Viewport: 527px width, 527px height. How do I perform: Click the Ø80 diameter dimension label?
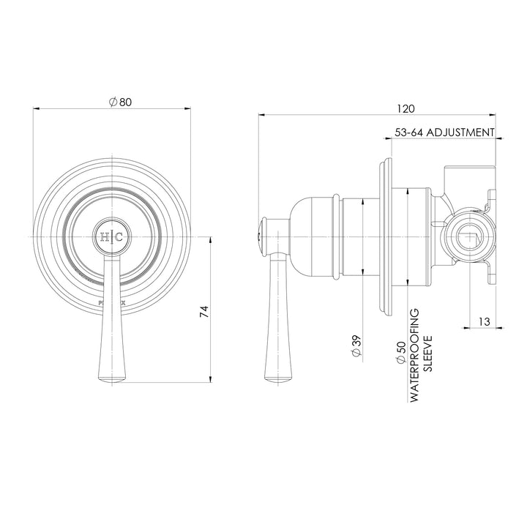[x=120, y=103]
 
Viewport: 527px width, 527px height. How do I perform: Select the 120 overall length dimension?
[x=405, y=108]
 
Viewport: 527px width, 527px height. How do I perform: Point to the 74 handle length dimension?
[x=206, y=310]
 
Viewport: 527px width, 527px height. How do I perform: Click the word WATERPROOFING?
[x=414, y=354]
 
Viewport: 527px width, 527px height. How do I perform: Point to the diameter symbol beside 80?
[x=112, y=103]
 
